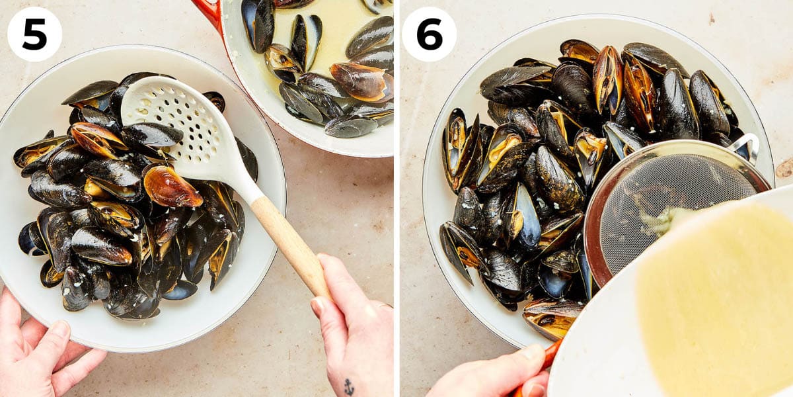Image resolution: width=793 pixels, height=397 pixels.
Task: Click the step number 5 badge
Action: tap(34, 34)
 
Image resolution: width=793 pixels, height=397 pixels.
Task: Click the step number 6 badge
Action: tap(429, 34)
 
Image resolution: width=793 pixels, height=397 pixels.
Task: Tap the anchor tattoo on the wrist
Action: tap(348, 386)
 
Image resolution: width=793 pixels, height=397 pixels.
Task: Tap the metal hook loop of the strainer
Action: tap(747, 147)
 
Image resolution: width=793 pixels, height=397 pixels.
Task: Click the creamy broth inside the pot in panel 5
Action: tap(337, 26)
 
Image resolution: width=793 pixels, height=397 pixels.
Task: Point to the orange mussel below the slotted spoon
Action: tap(170, 187)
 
